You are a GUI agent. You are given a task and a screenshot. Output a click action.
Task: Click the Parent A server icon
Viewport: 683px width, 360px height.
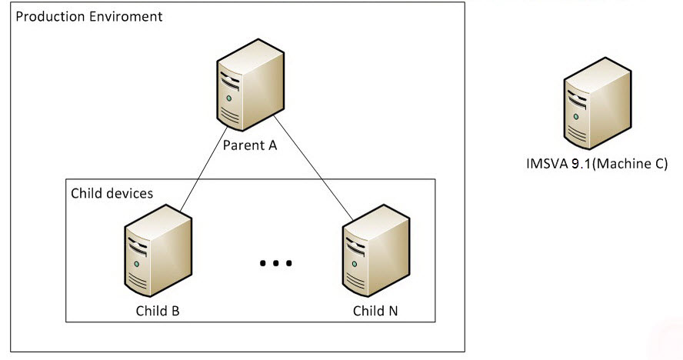coord(248,86)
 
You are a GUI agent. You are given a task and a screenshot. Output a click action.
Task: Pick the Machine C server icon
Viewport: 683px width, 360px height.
coord(597,103)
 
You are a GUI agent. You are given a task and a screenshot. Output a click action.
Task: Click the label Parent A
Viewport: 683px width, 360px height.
coord(249,145)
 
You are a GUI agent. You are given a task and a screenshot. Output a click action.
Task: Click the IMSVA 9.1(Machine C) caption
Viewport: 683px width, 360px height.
coord(596,164)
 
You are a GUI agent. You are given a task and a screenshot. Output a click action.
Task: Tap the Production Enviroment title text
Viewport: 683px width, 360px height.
coord(89,16)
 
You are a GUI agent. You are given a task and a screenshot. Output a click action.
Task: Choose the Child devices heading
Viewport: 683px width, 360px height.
coord(112,192)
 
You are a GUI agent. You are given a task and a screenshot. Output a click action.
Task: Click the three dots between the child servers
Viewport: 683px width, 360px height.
coord(275,264)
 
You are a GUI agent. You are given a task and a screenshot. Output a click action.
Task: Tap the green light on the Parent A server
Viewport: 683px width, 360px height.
coord(228,98)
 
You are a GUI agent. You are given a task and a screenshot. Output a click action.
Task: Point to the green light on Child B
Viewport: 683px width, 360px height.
coord(137,263)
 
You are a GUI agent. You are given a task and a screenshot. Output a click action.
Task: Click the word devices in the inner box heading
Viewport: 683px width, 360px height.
coord(130,192)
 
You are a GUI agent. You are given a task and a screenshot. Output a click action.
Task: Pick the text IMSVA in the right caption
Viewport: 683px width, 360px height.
coord(543,164)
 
